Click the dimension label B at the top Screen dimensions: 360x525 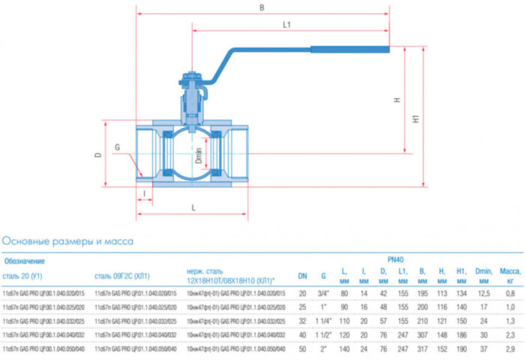pyautogui.click(x=261, y=7)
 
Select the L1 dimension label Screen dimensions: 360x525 pyautogui.click(x=286, y=25)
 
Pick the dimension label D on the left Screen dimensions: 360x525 pyautogui.click(x=97, y=154)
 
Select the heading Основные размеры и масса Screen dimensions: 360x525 pyautogui.click(x=67, y=241)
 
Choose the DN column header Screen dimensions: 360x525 pyautogui.click(x=303, y=276)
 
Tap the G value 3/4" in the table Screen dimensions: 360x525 pyautogui.click(x=324, y=292)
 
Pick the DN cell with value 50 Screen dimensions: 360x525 pyautogui.click(x=303, y=349)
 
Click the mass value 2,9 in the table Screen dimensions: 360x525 pyautogui.click(x=509, y=349)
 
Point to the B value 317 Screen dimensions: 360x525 pyautogui.click(x=422, y=349)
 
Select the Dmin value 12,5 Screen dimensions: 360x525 pyautogui.click(x=484, y=292)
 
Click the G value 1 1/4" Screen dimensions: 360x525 pyautogui.click(x=324, y=321)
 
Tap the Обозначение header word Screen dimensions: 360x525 pyautogui.click(x=24, y=261)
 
